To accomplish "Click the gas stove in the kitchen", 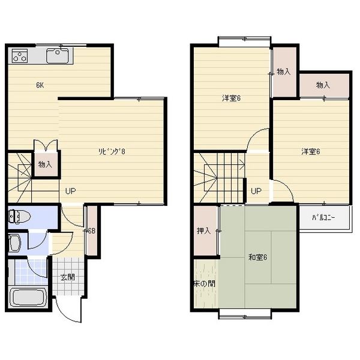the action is pos(20,56).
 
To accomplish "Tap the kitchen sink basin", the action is pos(58,56).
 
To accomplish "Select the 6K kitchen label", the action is pos(40,85).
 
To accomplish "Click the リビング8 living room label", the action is pos(112,152).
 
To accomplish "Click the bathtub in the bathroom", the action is pos(28,298).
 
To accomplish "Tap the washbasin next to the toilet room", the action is pos(14,243).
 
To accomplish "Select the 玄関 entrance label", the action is pos(67,277).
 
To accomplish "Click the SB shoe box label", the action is pos(92,231).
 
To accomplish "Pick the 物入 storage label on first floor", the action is pos(45,164).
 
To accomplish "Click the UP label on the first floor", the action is pos(70,191).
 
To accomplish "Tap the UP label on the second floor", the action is pos(256,191).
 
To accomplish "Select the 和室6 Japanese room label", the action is pos(257,257).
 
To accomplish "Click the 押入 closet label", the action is pos(203,231).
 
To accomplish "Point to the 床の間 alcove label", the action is pos(205,284).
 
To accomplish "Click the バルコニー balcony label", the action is pos(323,218).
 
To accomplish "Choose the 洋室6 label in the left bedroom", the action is pos(231,98).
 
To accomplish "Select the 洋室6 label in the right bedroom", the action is pos(311,152).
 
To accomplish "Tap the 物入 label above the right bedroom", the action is pos(323,85).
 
